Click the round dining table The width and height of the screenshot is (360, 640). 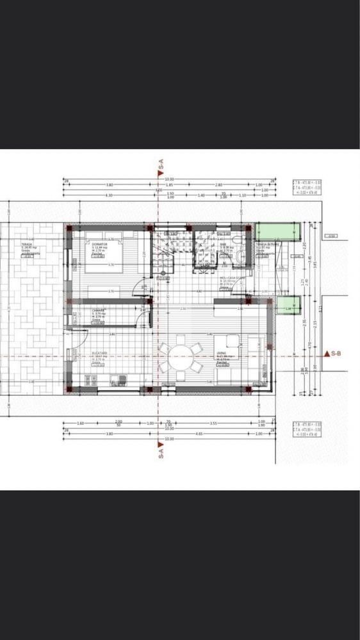tap(180, 356)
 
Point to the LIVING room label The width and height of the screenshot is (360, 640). tap(222, 355)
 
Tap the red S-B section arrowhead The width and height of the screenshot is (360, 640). tap(328, 353)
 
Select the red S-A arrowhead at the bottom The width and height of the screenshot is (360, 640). tap(160, 443)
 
